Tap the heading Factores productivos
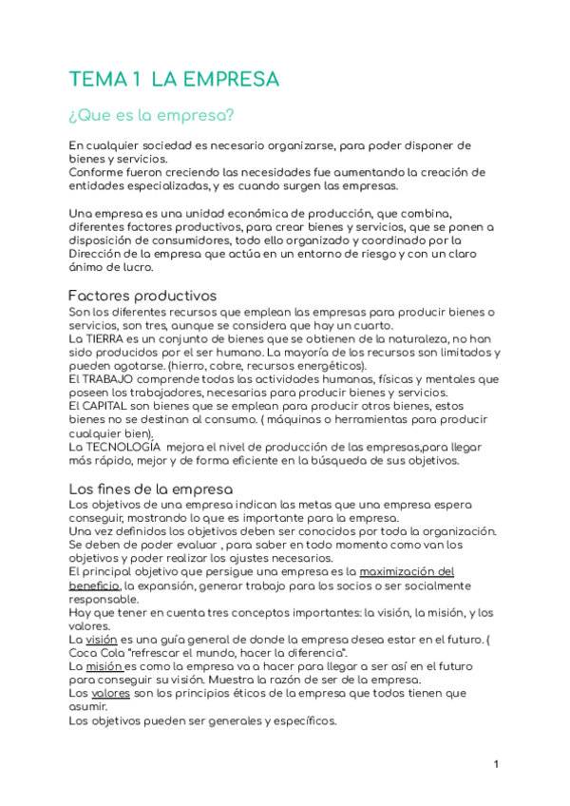(143, 296)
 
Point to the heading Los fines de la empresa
(151, 489)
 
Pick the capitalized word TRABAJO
(115, 379)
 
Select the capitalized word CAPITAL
(115, 406)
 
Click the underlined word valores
(111, 695)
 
